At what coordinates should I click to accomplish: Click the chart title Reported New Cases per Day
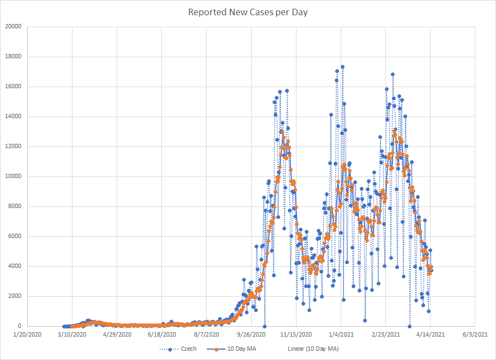(248, 12)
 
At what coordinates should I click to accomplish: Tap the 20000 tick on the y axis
(13, 27)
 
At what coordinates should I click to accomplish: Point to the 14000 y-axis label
(13, 117)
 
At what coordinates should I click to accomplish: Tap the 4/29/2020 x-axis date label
(117, 334)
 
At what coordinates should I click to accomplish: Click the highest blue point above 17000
(342, 67)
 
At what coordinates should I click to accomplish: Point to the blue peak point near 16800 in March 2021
(392, 75)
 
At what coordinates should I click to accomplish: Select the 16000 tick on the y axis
(13, 87)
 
